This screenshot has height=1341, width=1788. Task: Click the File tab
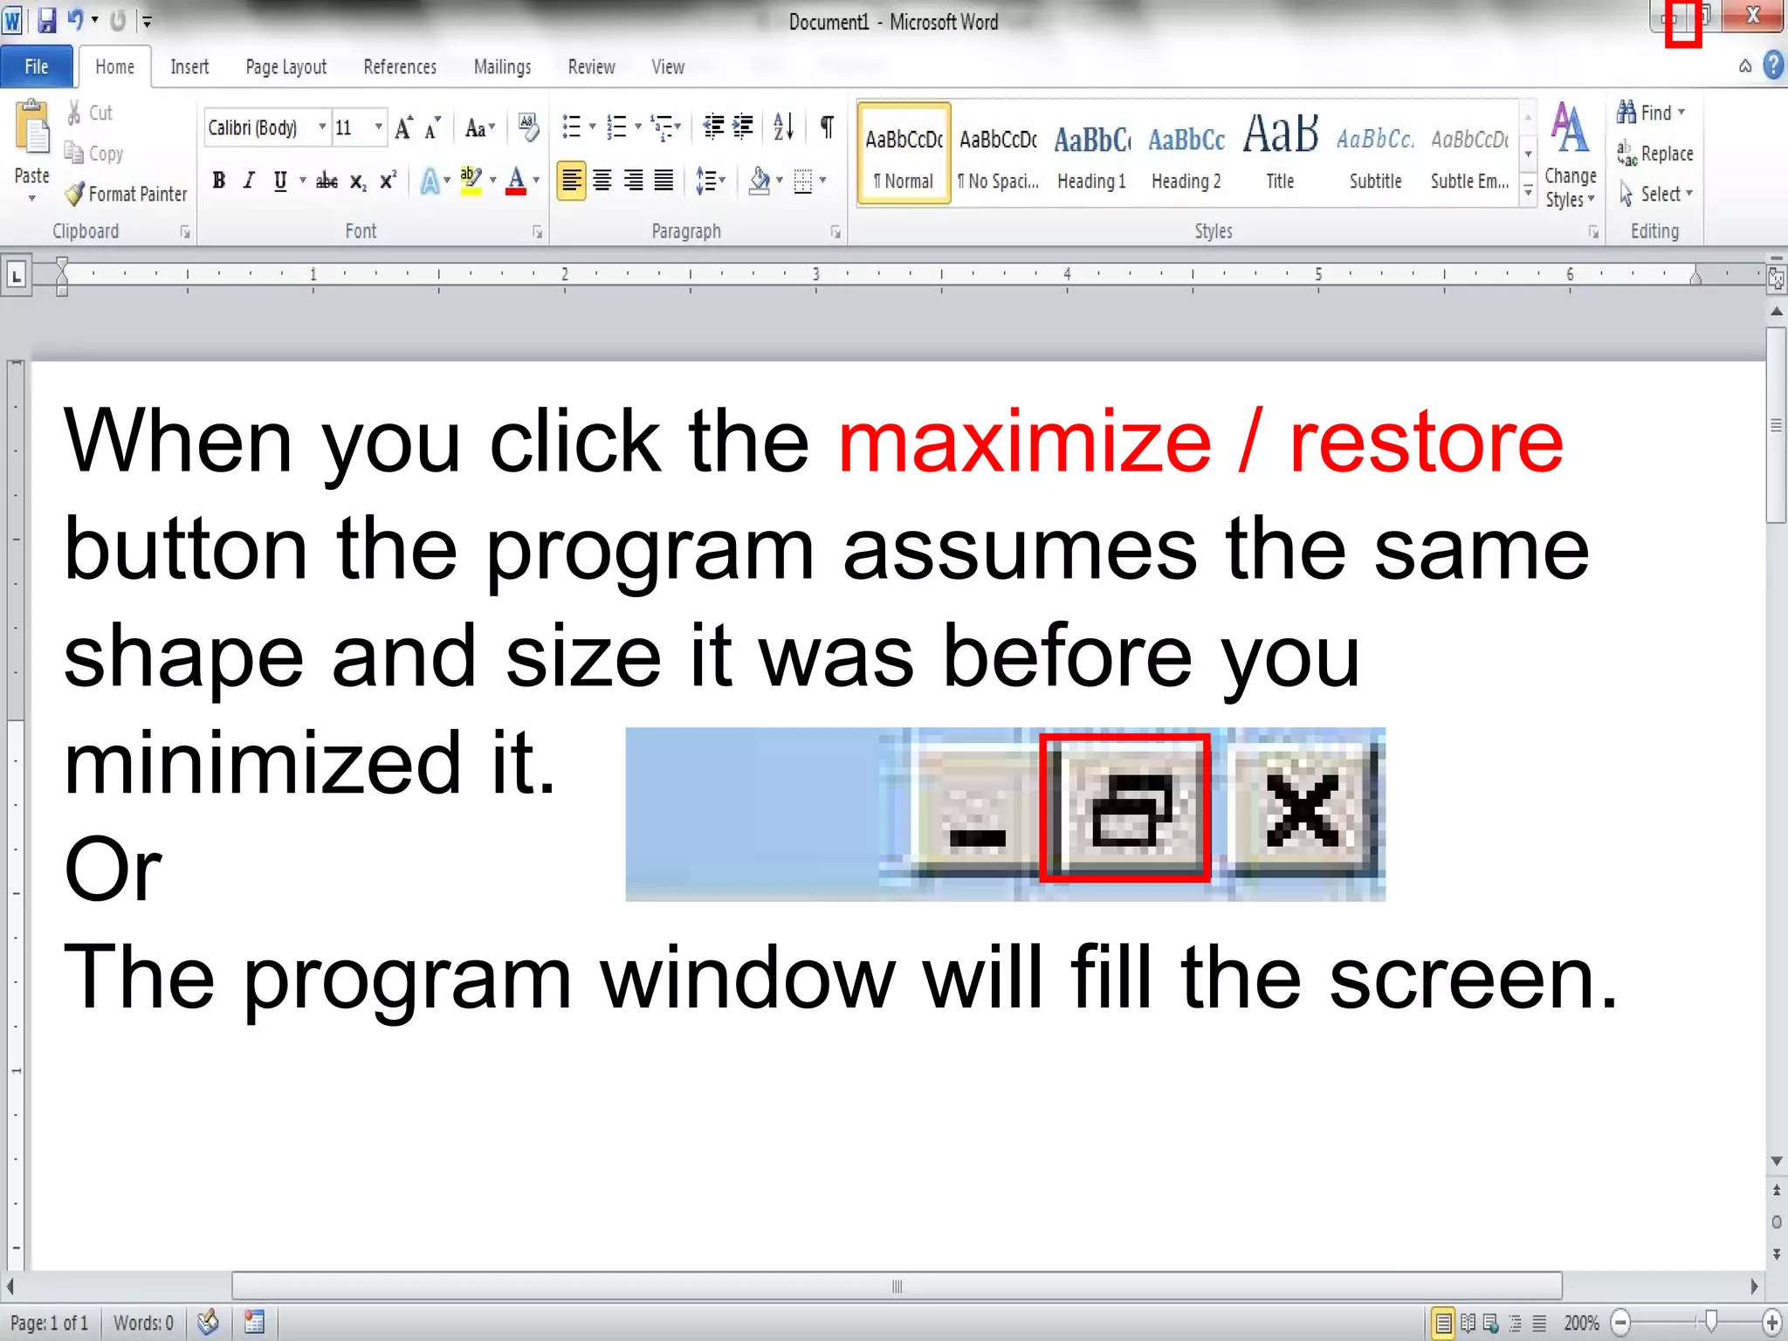click(37, 67)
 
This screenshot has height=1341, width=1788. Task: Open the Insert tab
click(189, 67)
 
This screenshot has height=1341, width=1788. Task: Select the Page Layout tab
click(285, 67)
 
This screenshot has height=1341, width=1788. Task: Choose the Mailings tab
click(502, 67)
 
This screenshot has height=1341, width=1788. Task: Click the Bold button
click(219, 181)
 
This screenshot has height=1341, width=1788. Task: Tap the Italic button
click(250, 181)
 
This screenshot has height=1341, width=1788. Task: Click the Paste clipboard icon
click(33, 131)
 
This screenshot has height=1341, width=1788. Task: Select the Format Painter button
click(127, 194)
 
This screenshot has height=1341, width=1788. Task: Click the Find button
click(1650, 113)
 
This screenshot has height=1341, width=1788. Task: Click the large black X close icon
click(1303, 810)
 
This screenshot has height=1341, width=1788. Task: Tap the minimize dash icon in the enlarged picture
click(977, 836)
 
